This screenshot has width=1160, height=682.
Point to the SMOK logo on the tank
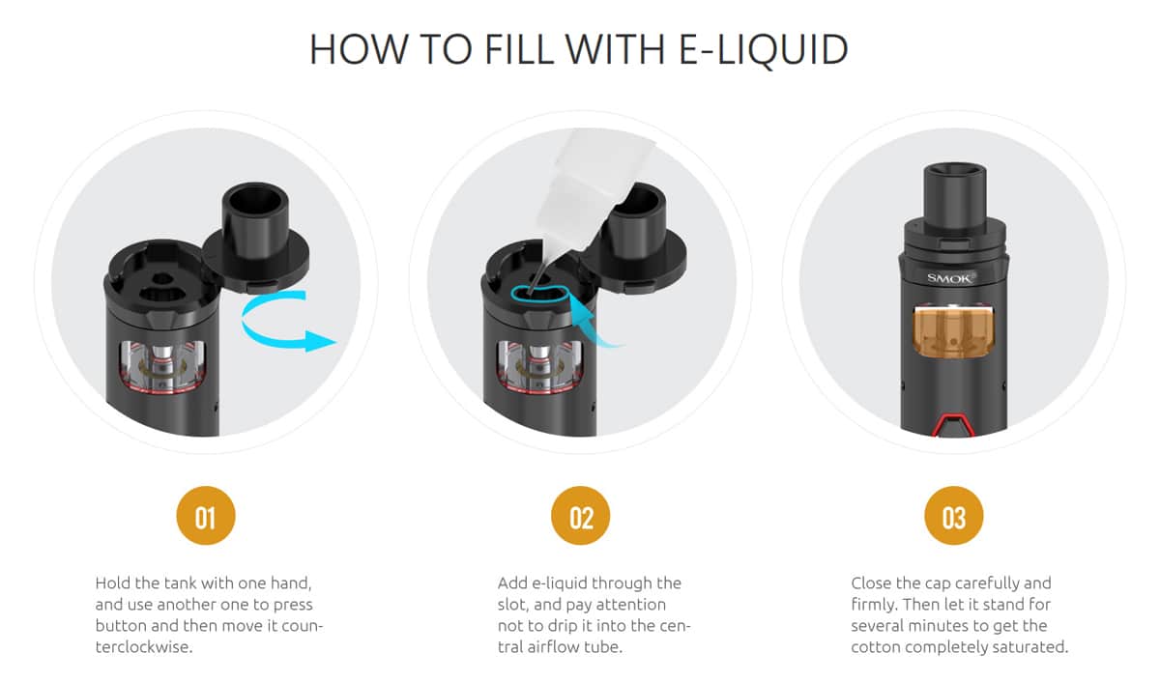pos(951,278)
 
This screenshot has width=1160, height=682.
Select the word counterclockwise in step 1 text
pos(145,647)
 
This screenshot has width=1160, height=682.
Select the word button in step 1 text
pos(122,626)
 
